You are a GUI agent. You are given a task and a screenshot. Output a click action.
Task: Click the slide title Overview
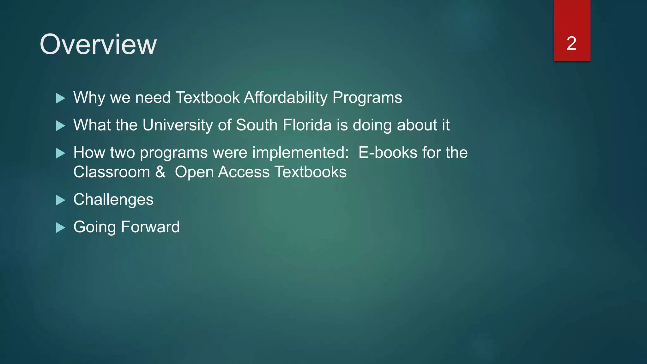pos(98,45)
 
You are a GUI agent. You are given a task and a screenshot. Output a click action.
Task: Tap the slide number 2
pos(571,43)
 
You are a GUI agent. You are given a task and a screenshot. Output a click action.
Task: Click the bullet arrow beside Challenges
pos(60,200)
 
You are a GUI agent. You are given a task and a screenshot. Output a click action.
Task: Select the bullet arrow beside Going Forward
pos(60,227)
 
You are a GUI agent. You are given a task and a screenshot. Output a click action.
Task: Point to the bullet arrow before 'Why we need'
pos(60,98)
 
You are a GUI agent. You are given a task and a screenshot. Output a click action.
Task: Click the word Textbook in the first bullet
pos(207,97)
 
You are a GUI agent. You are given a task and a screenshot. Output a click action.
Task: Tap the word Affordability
pos(286,97)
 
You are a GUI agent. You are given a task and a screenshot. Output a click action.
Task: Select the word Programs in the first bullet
pos(367,98)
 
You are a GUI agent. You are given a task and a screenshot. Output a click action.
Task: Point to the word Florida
pos(307,125)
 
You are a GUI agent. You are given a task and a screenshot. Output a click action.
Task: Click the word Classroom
pos(112,172)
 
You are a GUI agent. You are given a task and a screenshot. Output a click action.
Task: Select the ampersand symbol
pos(160,172)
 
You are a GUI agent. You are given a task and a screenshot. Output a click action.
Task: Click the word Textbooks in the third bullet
pos(310,172)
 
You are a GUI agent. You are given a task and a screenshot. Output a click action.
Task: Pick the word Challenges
pos(113,200)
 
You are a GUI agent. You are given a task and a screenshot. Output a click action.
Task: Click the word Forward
pos(150,227)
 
